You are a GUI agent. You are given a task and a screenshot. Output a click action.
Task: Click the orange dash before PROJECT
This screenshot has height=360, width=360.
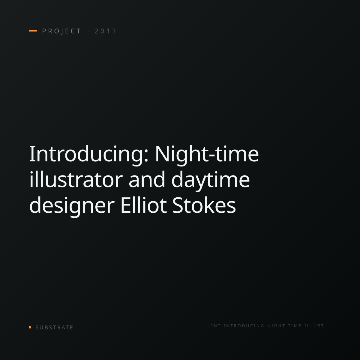pos(33,31)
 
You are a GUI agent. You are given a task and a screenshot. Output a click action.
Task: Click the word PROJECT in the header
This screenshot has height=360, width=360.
pos(61,31)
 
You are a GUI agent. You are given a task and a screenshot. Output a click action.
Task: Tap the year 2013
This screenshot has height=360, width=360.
pos(105,31)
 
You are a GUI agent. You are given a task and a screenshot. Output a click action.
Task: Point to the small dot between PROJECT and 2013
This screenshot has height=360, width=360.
pos(88,31)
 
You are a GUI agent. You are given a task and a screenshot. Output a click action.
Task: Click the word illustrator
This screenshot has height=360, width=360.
pos(76,179)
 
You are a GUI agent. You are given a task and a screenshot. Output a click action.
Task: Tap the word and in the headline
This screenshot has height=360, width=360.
pos(147,179)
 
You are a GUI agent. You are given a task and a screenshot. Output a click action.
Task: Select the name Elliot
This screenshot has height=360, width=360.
pos(143,205)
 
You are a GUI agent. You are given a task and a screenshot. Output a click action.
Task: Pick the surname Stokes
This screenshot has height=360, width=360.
pos(204,205)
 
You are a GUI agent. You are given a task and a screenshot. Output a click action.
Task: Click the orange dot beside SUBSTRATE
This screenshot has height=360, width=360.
pos(30,327)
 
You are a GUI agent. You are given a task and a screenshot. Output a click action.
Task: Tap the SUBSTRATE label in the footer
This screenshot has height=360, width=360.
pos(54,328)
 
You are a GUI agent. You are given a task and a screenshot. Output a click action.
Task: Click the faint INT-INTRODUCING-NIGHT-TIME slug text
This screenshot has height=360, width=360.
pos(269,326)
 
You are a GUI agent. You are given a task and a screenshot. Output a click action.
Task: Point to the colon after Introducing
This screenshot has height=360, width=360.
pos(146,156)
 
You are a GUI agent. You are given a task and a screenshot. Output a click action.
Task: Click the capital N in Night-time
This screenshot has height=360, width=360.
pos(162,154)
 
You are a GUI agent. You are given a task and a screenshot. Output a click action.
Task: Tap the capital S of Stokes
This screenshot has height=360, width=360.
pos(178,205)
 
